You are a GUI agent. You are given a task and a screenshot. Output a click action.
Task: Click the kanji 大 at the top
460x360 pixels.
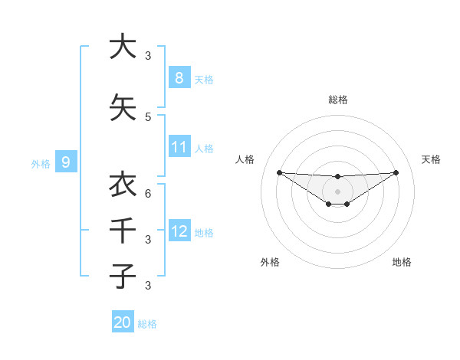(x=122, y=47)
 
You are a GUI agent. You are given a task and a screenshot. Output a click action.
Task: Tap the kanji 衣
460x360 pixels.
(x=122, y=185)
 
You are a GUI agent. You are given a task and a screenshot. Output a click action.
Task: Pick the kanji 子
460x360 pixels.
(x=122, y=276)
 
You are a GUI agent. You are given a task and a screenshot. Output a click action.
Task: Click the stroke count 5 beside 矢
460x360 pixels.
(x=148, y=116)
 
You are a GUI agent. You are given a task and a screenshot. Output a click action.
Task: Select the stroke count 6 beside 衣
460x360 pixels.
(x=148, y=194)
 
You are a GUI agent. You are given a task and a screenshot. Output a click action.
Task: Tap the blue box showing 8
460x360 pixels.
(x=179, y=77)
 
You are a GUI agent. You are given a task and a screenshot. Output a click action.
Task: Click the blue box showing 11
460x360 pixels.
(x=179, y=146)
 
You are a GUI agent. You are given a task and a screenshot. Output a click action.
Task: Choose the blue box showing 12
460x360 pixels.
(x=179, y=231)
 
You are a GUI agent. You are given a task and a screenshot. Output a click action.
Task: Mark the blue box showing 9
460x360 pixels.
(x=66, y=162)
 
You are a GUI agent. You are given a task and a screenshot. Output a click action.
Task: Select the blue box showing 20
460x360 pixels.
(x=122, y=322)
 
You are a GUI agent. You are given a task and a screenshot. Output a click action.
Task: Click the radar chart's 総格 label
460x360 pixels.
(x=337, y=100)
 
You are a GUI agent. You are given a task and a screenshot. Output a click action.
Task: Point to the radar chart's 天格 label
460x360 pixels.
(x=431, y=159)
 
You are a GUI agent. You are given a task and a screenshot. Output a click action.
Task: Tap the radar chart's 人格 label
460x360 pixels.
(x=245, y=159)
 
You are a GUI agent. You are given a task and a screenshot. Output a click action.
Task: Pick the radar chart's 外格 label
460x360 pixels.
(x=270, y=262)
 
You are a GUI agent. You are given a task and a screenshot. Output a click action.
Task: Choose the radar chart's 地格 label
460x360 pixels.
(x=402, y=262)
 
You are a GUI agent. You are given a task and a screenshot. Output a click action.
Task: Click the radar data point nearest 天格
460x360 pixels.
(x=396, y=172)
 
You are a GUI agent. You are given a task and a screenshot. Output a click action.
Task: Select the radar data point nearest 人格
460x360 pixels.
(x=279, y=172)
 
